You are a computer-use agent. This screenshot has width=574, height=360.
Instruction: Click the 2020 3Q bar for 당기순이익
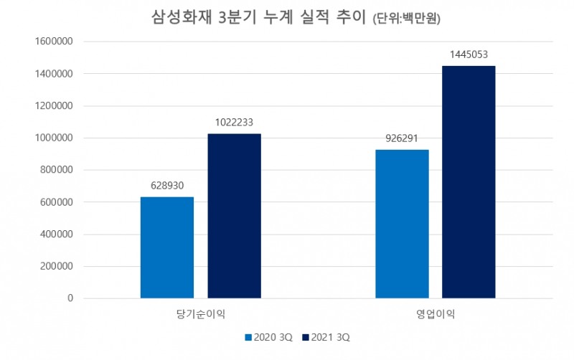[166, 247]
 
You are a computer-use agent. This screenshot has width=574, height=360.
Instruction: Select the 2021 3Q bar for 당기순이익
[235, 216]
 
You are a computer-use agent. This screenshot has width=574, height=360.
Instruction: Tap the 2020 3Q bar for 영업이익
[402, 224]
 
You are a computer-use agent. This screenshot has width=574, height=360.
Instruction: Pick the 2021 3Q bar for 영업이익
[469, 182]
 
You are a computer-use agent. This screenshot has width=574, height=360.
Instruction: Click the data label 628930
[167, 186]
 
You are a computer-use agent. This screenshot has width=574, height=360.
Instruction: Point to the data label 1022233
[235, 123]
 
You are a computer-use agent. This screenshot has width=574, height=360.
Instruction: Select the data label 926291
[402, 138]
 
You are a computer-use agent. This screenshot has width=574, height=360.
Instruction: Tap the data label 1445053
[469, 55]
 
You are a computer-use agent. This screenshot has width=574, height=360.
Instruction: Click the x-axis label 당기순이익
[200, 313]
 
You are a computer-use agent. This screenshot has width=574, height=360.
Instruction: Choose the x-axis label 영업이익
[435, 313]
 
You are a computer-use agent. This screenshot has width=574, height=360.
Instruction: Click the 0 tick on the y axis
[70, 298]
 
